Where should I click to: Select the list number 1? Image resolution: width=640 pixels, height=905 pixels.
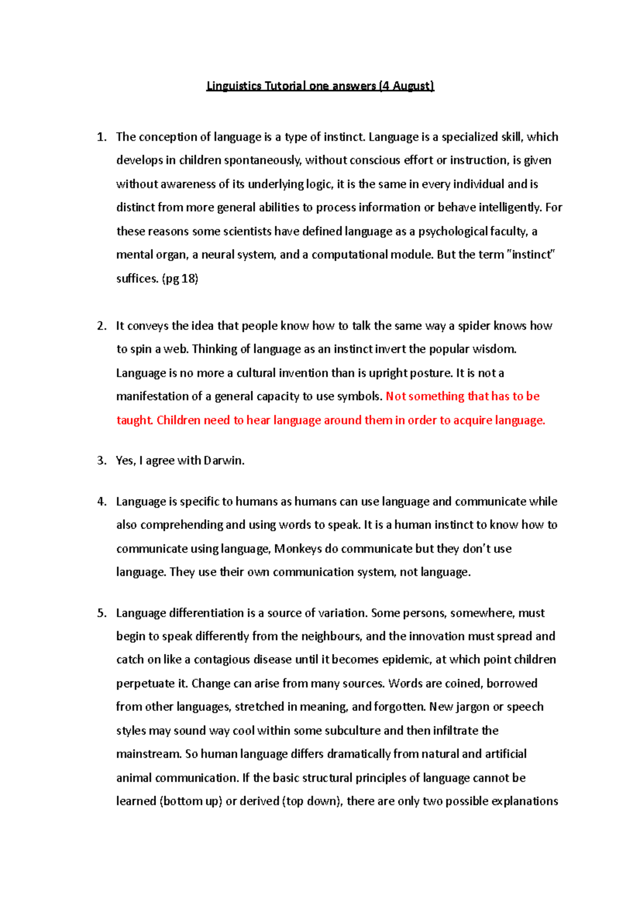[101, 137]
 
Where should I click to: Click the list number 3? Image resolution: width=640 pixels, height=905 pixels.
[101, 460]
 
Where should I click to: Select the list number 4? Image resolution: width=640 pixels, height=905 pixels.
[101, 502]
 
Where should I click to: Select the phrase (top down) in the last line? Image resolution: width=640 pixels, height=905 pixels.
[313, 801]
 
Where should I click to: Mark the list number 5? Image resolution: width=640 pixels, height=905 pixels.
[101, 613]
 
